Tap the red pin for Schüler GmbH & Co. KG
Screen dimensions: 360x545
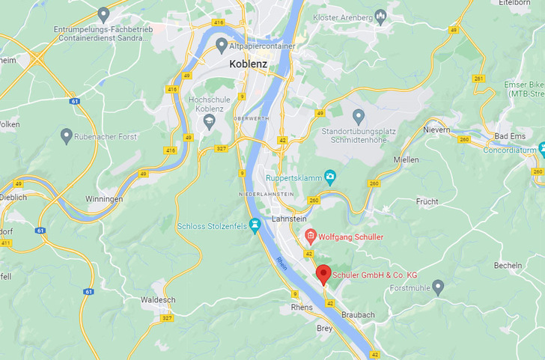tap(323, 273)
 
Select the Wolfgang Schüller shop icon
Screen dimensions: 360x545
tap(311, 237)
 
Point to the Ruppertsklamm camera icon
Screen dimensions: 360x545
tap(330, 177)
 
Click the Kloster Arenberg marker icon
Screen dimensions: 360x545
tap(380, 15)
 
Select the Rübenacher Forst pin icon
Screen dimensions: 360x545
tap(67, 135)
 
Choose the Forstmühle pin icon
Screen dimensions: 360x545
tap(438, 286)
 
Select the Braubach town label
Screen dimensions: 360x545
tap(357, 315)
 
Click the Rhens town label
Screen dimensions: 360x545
tap(301, 308)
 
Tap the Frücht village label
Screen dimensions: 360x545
tap(427, 201)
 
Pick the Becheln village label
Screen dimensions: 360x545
tap(508, 266)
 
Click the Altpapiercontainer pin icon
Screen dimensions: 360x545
tap(222, 45)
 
